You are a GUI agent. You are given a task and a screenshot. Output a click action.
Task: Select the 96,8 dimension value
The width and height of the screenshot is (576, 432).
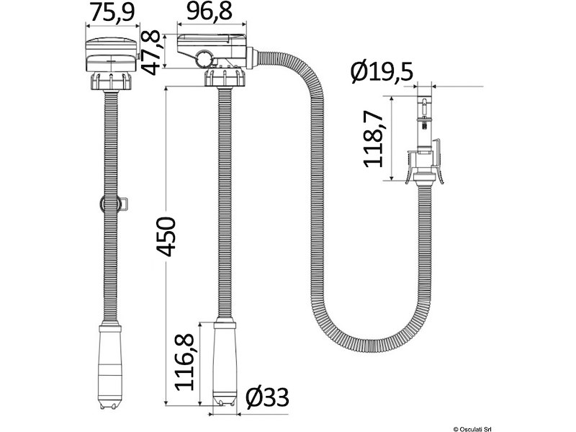tap(213, 12)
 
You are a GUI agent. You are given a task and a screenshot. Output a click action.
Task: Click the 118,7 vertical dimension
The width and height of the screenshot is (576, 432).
tap(372, 139)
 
